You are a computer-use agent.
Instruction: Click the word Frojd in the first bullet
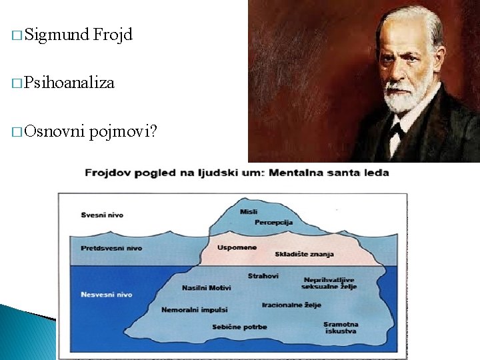[x=113, y=34]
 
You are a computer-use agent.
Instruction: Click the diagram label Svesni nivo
[x=102, y=215]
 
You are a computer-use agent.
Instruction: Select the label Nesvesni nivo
[x=107, y=294]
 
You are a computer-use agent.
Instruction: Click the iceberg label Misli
[x=249, y=211]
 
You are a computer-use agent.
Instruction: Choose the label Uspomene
[x=236, y=247]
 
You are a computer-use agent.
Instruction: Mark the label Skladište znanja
[x=303, y=254]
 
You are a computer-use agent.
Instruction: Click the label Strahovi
[x=263, y=275]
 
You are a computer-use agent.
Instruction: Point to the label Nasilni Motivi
[x=207, y=288]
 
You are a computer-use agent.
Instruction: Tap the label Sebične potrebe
[x=240, y=327]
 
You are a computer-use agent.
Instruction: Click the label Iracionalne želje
[x=291, y=305]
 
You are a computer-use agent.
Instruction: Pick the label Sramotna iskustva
[x=341, y=327]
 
